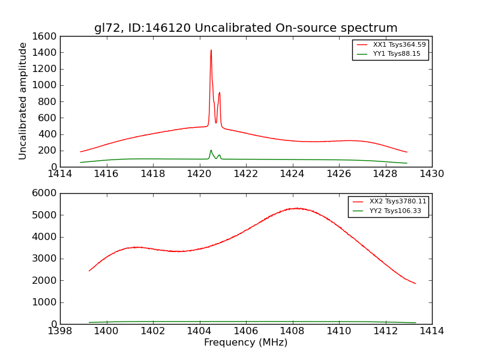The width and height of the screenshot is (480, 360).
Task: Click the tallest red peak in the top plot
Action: click(211, 50)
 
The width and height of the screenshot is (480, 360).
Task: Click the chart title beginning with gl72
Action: click(245, 28)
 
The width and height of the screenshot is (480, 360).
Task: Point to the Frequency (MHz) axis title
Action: click(245, 343)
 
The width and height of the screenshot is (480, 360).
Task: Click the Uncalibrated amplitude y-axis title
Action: click(23, 101)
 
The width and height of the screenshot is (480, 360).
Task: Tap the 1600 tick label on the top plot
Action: click(42, 36)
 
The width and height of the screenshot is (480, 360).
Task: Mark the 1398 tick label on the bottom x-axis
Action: click(60, 331)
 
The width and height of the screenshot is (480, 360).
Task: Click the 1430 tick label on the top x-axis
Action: click(431, 174)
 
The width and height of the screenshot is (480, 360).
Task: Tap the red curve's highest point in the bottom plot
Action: click(297, 208)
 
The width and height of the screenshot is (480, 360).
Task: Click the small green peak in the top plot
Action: click(211, 151)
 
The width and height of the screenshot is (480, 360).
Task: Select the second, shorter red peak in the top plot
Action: click(220, 93)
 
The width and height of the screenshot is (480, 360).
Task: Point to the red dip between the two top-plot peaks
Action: click(216, 123)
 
